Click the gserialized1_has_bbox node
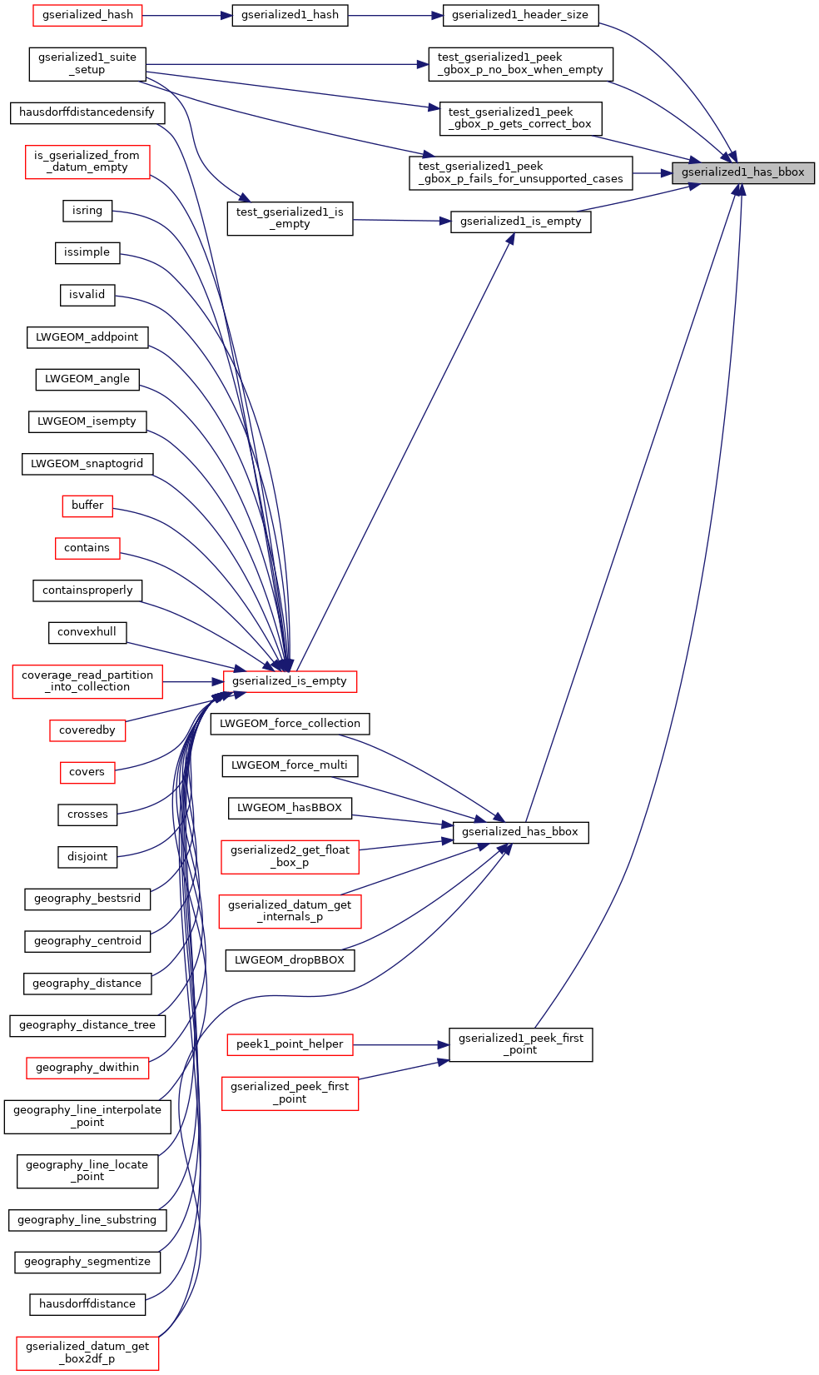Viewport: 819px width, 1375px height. click(x=742, y=172)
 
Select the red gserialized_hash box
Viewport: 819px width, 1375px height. click(x=87, y=15)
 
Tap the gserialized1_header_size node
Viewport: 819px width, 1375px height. click(x=519, y=15)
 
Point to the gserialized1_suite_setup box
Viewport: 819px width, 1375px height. click(x=87, y=63)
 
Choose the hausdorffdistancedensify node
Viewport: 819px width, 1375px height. click(x=87, y=112)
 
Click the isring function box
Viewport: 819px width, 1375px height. click(x=87, y=211)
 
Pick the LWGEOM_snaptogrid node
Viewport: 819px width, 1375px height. click(x=87, y=464)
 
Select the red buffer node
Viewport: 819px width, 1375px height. click(x=87, y=506)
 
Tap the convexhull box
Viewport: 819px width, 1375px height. click(x=87, y=632)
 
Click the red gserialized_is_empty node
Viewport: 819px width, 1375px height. click(x=289, y=681)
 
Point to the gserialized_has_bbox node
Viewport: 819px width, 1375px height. click(x=519, y=832)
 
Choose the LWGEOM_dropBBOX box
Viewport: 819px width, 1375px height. click(x=289, y=960)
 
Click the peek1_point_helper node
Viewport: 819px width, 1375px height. click(x=289, y=1044)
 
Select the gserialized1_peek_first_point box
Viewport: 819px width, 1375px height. click(x=520, y=1044)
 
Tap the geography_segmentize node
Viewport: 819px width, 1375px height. click(x=87, y=1262)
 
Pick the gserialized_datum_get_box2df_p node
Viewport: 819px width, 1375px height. click(x=87, y=1353)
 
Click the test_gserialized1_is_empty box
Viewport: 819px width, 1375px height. click(x=289, y=218)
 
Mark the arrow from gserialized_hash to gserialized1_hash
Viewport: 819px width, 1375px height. click(x=186, y=15)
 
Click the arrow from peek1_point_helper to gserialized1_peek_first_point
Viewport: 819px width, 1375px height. click(x=400, y=1044)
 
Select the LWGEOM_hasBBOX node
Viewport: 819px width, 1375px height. click(x=289, y=808)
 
